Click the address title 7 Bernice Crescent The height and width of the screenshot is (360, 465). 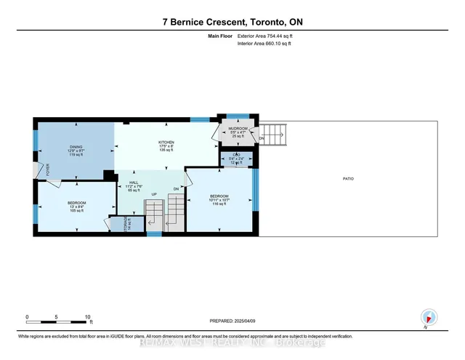232,22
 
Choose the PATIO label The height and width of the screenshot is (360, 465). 348,178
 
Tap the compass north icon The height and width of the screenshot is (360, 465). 429,318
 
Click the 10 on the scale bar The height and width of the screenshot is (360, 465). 87,317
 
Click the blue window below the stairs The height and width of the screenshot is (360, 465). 154,234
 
